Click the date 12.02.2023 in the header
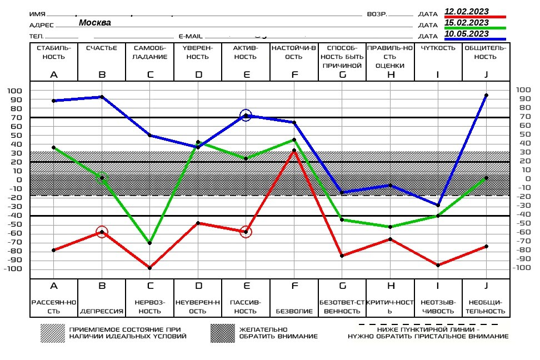(467, 11)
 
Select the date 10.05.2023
(467, 34)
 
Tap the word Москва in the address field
(94, 23)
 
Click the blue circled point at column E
(246, 116)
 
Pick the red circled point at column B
(102, 232)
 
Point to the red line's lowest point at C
(150, 268)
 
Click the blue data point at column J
(486, 96)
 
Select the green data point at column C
(150, 243)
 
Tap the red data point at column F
(294, 151)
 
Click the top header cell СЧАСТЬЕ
(102, 48)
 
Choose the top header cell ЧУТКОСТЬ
(438, 48)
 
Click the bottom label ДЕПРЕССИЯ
(102, 311)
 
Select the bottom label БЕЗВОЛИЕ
(294, 311)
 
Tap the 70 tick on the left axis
(16, 117)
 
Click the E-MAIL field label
(191, 36)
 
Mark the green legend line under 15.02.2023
(475, 28)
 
